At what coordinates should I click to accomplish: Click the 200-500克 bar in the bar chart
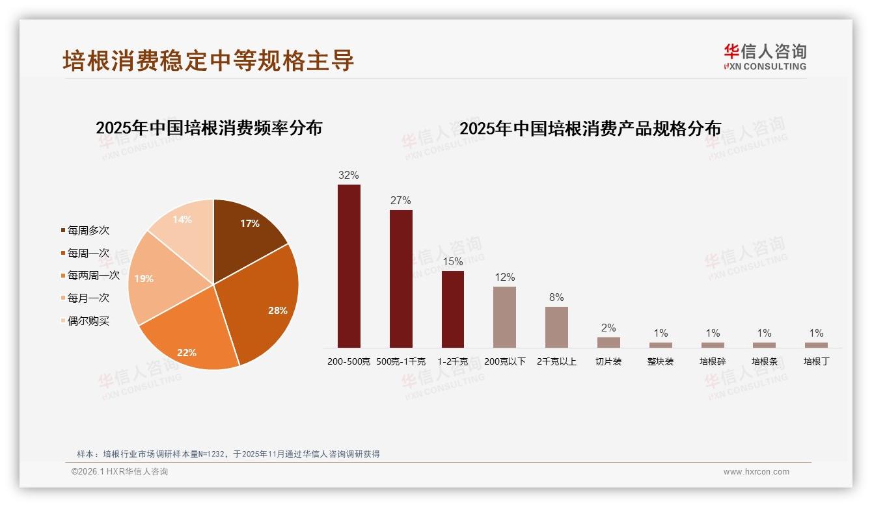(x=349, y=266)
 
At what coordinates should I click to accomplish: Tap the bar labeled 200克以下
(x=504, y=317)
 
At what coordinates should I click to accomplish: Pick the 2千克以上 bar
(x=556, y=327)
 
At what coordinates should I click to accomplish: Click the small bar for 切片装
(x=608, y=342)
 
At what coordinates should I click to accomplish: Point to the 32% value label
(x=349, y=175)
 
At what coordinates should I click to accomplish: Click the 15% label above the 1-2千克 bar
(x=453, y=261)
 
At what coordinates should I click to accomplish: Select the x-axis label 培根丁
(x=816, y=361)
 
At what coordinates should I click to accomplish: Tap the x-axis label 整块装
(x=661, y=361)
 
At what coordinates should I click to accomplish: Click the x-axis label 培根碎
(x=713, y=361)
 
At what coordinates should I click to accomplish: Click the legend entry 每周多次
(x=88, y=231)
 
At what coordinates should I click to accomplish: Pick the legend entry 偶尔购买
(x=88, y=321)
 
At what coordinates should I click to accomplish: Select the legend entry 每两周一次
(x=93, y=276)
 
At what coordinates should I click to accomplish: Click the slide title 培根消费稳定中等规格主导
(x=208, y=60)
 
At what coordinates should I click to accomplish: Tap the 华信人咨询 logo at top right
(x=765, y=57)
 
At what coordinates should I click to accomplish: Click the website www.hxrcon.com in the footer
(x=756, y=472)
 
